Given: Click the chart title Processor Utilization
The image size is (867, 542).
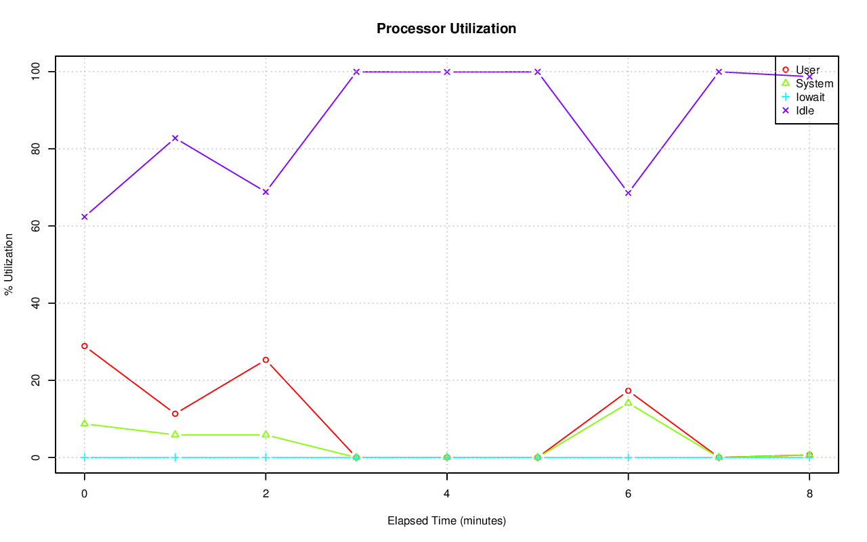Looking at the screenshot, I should (x=446, y=28).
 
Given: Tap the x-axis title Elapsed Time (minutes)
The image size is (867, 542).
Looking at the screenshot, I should (x=446, y=521).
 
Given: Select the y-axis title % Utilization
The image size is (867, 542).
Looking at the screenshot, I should (x=9, y=264).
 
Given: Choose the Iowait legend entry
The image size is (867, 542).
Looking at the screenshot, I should (x=810, y=97).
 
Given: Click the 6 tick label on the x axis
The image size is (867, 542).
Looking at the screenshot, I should (x=628, y=493).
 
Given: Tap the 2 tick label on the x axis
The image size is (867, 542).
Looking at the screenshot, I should (x=266, y=493).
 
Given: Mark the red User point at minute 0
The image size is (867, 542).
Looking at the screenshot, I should (x=85, y=346).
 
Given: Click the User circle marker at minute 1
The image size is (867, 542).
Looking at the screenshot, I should (x=175, y=413).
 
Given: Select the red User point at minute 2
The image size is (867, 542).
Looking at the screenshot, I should (x=266, y=360).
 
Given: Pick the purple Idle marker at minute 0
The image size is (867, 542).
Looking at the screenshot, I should (x=85, y=217).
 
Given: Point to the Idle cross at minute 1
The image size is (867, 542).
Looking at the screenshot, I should (x=175, y=138).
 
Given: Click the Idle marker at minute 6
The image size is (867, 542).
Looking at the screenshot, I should (x=628, y=193).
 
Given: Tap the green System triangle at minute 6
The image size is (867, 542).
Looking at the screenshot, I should (x=628, y=403).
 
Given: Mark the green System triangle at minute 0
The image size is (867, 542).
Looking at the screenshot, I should (x=85, y=424).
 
